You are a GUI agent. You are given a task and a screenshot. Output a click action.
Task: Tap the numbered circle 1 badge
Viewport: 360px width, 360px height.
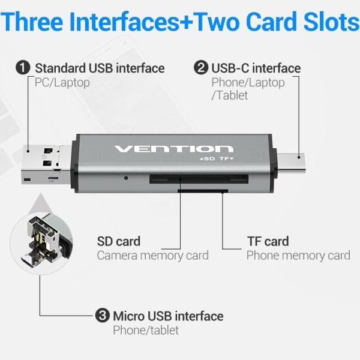pyautogui.click(x=23, y=68)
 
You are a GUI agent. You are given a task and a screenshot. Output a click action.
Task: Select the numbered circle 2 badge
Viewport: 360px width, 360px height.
pyautogui.click(x=200, y=68)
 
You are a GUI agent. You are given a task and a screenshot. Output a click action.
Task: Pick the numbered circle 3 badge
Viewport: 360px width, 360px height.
pyautogui.click(x=102, y=316)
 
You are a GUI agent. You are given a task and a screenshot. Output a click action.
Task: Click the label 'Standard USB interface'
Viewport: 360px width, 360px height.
pyautogui.click(x=100, y=68)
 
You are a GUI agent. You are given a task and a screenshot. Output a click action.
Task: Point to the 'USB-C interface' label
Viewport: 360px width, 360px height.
pyautogui.click(x=256, y=68)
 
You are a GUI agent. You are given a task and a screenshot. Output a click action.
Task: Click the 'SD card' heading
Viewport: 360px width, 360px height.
pyautogui.click(x=119, y=241)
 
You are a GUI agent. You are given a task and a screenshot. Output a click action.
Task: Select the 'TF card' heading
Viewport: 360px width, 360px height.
pyautogui.click(x=268, y=241)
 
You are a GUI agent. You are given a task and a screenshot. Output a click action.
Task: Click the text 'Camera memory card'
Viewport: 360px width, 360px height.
pyautogui.click(x=153, y=256)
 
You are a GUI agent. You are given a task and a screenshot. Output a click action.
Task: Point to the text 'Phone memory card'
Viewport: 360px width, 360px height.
pyautogui.click(x=298, y=256)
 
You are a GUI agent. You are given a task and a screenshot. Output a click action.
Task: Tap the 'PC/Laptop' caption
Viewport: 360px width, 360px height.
pyautogui.click(x=62, y=82)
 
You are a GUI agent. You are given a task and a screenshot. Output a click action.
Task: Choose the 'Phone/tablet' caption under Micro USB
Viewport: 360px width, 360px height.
pyautogui.click(x=146, y=330)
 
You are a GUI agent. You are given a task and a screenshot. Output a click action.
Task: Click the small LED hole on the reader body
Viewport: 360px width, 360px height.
pyautogui.click(x=126, y=178)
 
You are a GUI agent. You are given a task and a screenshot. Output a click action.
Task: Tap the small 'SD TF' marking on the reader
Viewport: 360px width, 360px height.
pyautogui.click(x=215, y=160)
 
